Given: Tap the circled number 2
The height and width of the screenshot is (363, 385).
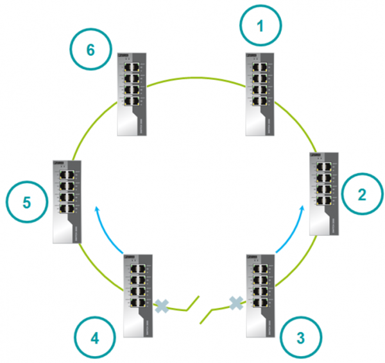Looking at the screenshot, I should (361, 195).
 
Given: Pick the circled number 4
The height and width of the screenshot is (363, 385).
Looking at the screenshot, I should (95, 337).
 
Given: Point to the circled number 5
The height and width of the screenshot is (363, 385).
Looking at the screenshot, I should (26, 203).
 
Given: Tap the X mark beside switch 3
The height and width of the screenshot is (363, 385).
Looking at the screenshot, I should (236, 302).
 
